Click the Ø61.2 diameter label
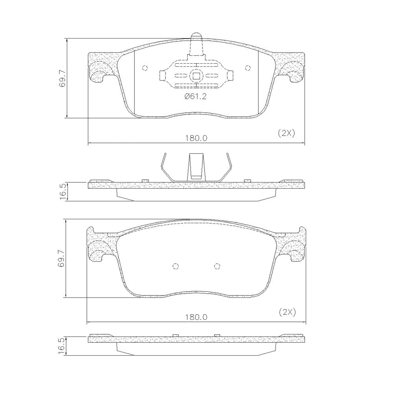coord(195,97)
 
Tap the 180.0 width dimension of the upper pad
coord(196,138)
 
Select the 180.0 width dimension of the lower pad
coord(196,317)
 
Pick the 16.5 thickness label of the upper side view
coord(62,191)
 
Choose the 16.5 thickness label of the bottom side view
coord(62,346)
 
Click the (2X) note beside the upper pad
coord(287,133)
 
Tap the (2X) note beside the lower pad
coord(287,312)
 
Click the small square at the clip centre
coord(196,75)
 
